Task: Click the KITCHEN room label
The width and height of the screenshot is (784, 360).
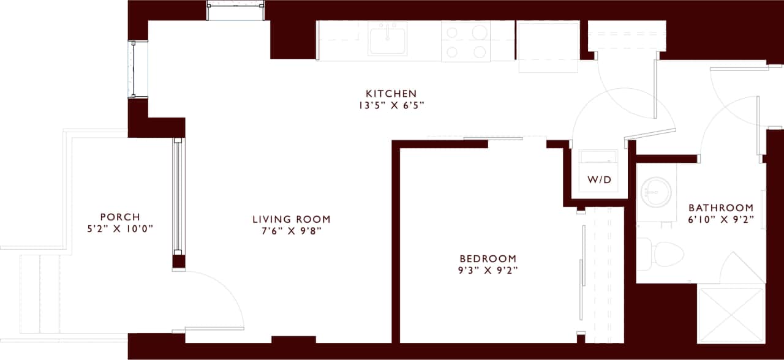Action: (391, 94)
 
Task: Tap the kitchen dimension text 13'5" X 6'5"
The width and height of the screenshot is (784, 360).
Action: (391, 105)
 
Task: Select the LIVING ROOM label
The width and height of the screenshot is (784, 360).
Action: (292, 219)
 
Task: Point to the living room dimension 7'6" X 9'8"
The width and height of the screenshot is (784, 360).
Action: (292, 231)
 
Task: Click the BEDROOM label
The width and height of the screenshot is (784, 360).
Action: (488, 259)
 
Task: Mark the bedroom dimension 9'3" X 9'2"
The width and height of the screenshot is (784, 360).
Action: (488, 271)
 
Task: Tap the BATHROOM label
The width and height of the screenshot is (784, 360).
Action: (720, 208)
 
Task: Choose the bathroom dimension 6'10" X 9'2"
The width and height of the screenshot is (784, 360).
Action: (720, 219)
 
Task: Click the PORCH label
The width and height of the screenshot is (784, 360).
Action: (120, 217)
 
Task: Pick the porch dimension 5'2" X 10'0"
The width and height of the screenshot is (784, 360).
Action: (120, 229)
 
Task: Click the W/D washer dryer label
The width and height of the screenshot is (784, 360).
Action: (600, 180)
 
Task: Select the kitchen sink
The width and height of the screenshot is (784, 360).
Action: (388, 39)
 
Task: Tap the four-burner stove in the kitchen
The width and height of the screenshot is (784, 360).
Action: (466, 41)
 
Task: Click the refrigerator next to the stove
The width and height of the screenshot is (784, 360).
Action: (548, 47)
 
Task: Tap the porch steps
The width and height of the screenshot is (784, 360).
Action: (40, 294)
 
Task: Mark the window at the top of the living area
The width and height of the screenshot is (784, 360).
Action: (236, 12)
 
